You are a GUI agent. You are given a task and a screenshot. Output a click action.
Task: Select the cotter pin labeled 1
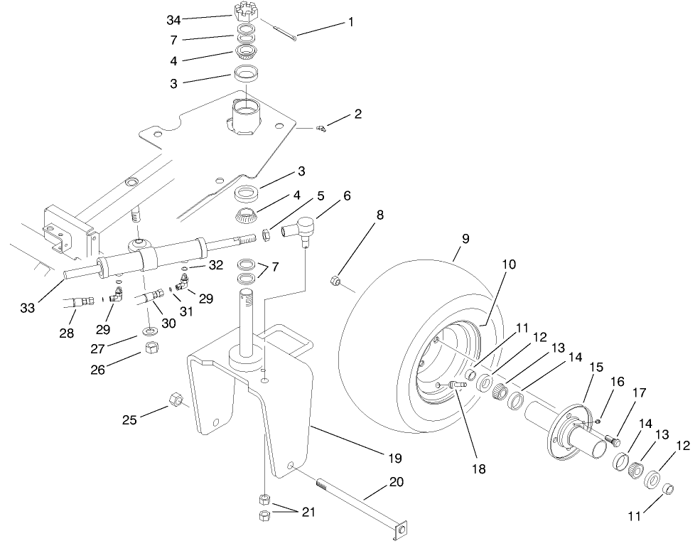pos(284,33)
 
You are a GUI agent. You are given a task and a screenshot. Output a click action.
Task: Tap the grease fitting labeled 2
pos(321,129)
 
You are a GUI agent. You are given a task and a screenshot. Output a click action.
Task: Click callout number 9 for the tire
pos(465,239)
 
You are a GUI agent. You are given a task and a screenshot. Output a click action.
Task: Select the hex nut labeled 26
pos(151,348)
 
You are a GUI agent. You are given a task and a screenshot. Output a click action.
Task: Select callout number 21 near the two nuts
pos(307,512)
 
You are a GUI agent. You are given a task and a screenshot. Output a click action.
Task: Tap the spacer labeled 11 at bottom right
pos(668,489)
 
